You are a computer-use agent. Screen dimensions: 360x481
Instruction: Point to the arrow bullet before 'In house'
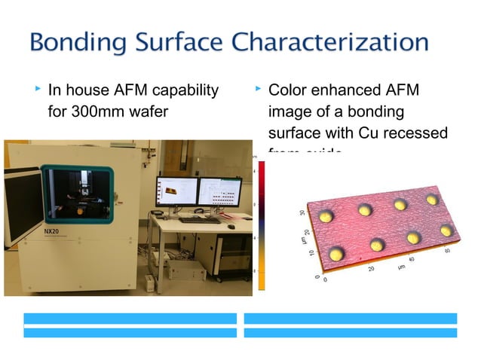point(38,90)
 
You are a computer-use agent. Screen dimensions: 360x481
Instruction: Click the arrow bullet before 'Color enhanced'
point(258,90)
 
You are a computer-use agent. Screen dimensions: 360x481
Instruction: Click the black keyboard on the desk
point(201,220)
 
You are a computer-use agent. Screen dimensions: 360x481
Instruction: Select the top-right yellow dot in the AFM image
point(432,200)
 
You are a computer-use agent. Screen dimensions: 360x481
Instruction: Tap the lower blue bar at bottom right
point(351,332)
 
